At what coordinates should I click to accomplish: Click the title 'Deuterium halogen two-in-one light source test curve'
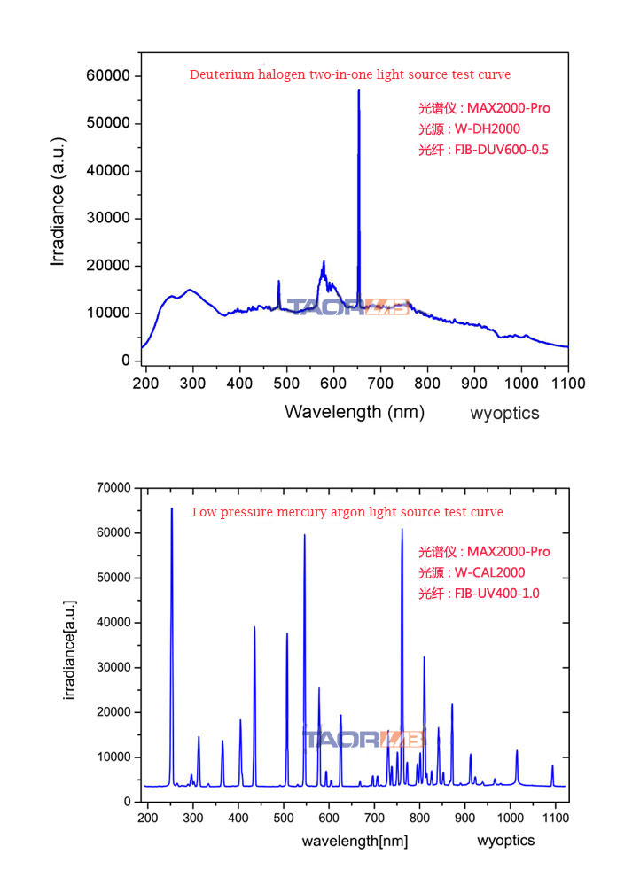(349, 74)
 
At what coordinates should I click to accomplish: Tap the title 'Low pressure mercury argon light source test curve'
(347, 512)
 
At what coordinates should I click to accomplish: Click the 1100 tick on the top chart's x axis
(567, 384)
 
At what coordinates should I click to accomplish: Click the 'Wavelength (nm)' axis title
(355, 412)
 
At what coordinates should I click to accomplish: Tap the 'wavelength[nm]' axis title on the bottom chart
(355, 841)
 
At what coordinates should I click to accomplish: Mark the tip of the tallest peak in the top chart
(359, 90)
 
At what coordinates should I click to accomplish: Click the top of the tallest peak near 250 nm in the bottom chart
(172, 508)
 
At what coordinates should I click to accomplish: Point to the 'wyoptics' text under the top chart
(504, 413)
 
